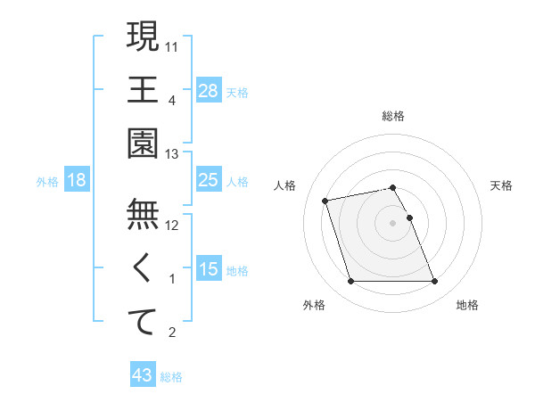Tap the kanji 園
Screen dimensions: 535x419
pyautogui.click(x=143, y=143)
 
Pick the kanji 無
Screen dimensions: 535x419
pyautogui.click(x=143, y=213)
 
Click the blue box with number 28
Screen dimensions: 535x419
pyautogui.click(x=209, y=89)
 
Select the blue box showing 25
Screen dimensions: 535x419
pyautogui.click(x=209, y=180)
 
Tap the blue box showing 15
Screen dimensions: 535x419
pyautogui.click(x=209, y=269)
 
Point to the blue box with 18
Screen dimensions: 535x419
pyautogui.click(x=77, y=180)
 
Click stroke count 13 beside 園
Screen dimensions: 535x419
pyautogui.click(x=171, y=154)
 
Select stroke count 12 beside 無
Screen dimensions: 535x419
pyautogui.click(x=171, y=225)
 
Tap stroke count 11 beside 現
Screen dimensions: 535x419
pyautogui.click(x=171, y=45)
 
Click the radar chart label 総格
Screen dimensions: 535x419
pyautogui.click(x=393, y=117)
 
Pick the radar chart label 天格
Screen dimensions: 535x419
pyautogui.click(x=502, y=185)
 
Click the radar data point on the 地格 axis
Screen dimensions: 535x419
pyautogui.click(x=434, y=282)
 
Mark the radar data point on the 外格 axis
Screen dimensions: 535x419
pyautogui.click(x=350, y=282)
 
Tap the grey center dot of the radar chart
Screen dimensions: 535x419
pyautogui.click(x=393, y=222)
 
